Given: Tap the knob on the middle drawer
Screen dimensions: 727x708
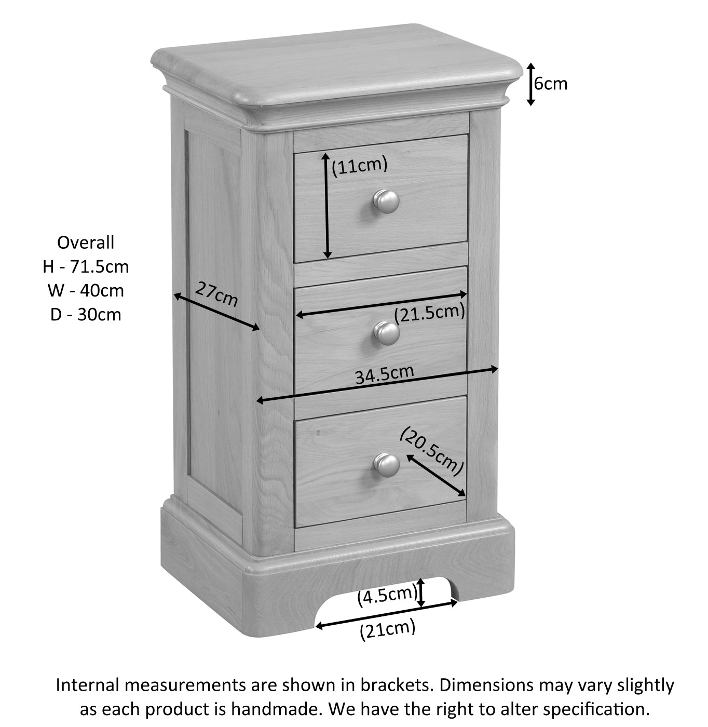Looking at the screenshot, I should pos(387,333).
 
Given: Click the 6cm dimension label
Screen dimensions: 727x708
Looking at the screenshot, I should pos(551,84).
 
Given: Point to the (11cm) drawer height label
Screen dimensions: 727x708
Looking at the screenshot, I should pos(360,165).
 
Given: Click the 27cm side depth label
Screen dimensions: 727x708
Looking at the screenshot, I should pos(216,294).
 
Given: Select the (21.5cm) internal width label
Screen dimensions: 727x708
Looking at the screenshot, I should pos(429,313).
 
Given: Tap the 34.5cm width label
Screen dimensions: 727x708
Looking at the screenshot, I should pos(384,374).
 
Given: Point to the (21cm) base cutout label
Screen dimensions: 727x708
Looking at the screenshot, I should pos(387,630).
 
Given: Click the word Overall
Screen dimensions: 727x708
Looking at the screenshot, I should pos(86,243).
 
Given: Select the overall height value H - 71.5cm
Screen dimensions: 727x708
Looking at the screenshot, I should pos(86,266).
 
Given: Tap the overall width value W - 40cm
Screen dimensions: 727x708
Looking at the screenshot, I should pos(86,290).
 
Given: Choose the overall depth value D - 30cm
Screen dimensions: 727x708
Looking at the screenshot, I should pos(86,314).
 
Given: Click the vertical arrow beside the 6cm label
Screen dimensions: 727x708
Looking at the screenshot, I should pos(530,84).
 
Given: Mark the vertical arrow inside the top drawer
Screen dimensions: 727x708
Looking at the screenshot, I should pos(327,206).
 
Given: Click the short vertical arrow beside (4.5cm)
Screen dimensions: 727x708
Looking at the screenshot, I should pos(421,593).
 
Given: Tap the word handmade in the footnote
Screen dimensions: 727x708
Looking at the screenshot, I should pos(280,709).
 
